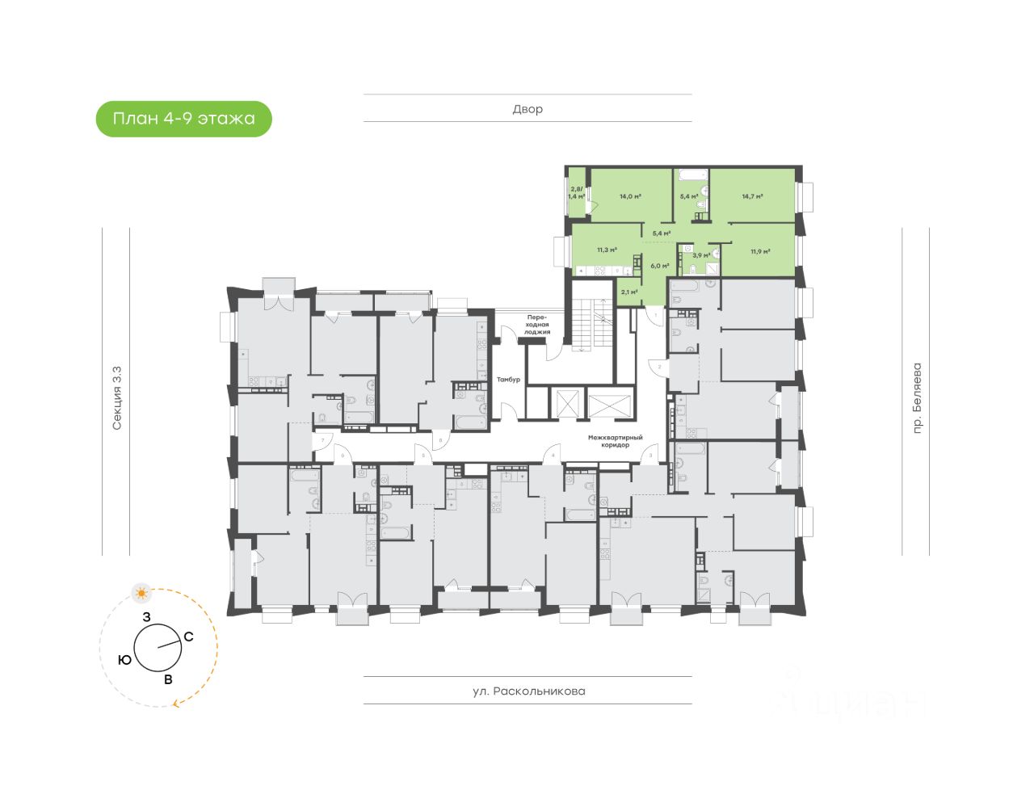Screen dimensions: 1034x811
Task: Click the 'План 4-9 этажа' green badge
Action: (184, 119)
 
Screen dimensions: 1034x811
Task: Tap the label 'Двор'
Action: (528, 109)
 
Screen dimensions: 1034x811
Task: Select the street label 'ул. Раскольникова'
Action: (528, 691)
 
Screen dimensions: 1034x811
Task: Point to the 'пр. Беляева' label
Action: (917, 398)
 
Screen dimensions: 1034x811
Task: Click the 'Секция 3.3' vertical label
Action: (117, 397)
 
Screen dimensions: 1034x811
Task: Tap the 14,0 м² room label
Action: (630, 196)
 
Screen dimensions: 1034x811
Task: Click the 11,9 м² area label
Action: (759, 251)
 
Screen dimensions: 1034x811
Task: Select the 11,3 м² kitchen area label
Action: (607, 250)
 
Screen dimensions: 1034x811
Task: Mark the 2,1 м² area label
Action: (629, 292)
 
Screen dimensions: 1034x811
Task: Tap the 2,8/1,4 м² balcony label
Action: (576, 193)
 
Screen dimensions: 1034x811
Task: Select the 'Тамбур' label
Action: (508, 379)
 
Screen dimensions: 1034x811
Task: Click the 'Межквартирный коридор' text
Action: (615, 441)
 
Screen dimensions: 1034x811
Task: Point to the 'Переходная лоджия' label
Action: (537, 325)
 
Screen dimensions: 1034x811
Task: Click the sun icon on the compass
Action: (142, 594)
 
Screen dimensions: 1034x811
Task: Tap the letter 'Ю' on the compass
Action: (124, 660)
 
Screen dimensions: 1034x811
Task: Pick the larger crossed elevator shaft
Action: (608, 402)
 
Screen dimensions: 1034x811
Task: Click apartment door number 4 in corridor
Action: (553, 456)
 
